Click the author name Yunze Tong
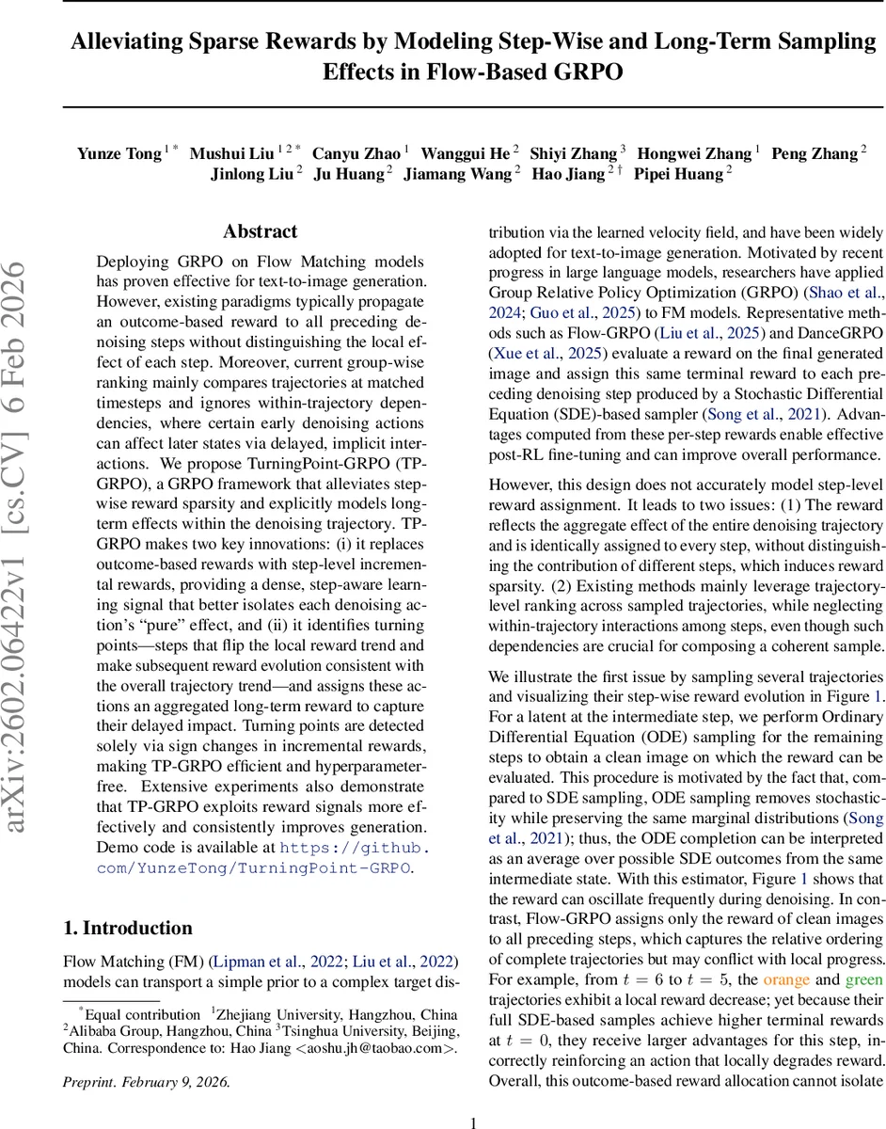(119, 153)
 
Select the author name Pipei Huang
(676, 174)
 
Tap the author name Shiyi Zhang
(573, 153)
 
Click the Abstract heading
(260, 231)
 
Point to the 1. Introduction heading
(128, 928)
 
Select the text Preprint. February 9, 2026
(146, 1081)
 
